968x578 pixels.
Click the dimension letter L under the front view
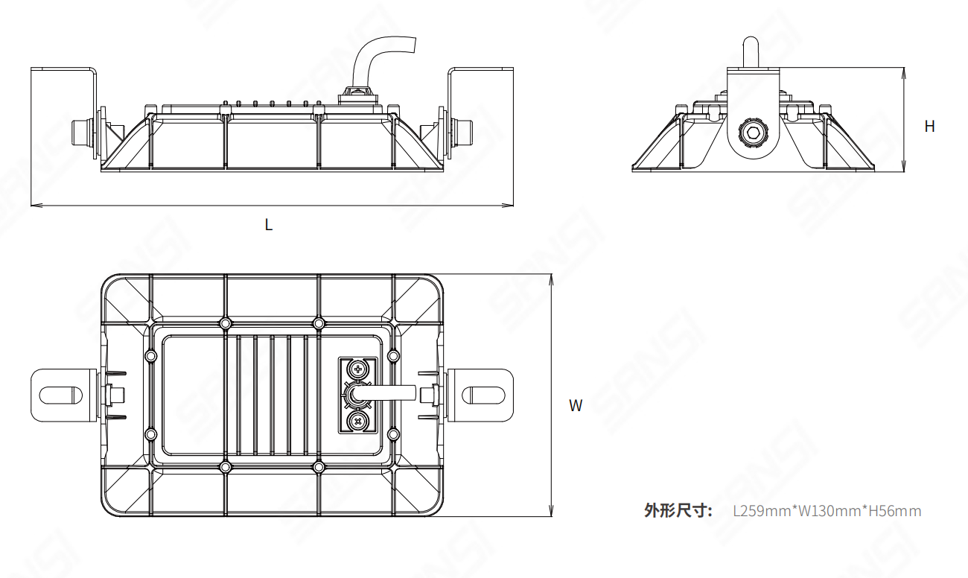[269, 224]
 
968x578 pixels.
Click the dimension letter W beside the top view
[576, 405]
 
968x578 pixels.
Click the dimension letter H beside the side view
[929, 127]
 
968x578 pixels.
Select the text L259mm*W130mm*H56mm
[827, 511]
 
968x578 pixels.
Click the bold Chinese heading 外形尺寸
[678, 511]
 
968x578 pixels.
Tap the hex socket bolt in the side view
[752, 135]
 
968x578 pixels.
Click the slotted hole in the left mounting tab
[62, 394]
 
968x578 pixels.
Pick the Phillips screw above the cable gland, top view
[359, 369]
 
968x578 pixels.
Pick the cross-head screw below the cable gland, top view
[359, 423]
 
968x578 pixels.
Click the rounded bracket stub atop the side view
[752, 52]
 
